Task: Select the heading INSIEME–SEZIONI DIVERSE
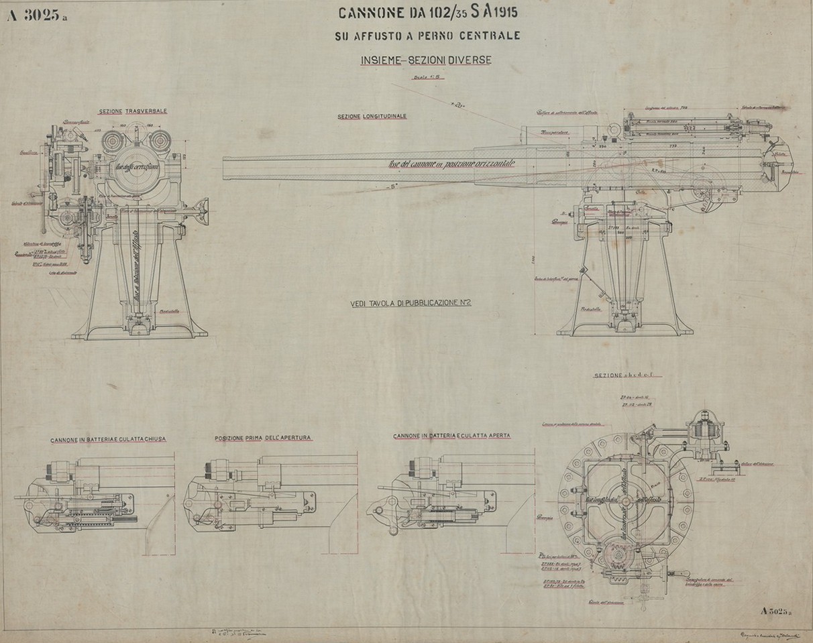coord(425,60)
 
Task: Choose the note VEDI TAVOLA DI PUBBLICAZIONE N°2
coord(411,303)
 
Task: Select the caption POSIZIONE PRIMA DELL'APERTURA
coord(263,438)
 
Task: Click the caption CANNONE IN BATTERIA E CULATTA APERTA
coord(451,436)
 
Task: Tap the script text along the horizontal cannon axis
coord(456,163)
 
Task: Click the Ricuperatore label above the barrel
coord(555,132)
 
